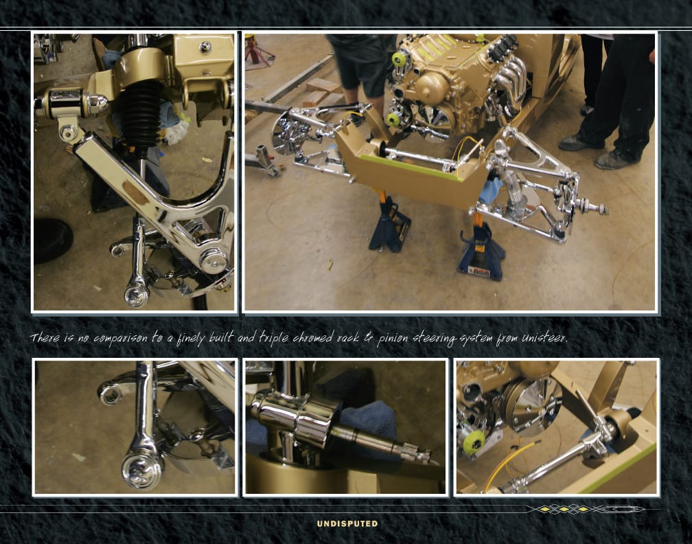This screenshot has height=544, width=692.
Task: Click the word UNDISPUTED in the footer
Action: click(347, 523)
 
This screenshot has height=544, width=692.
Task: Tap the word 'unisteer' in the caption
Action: click(544, 338)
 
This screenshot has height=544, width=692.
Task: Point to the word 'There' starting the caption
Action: click(45, 338)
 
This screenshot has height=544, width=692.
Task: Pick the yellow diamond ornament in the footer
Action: click(564, 509)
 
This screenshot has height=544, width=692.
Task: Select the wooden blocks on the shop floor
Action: click(325, 92)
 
